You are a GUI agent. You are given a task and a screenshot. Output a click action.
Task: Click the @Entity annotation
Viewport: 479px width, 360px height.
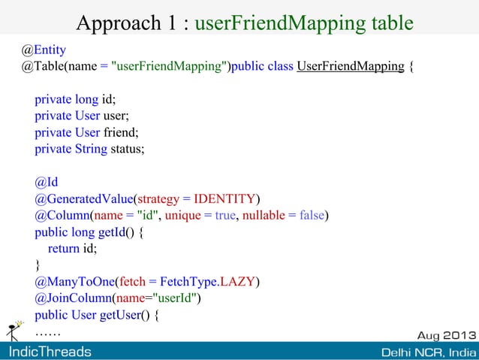[43, 50]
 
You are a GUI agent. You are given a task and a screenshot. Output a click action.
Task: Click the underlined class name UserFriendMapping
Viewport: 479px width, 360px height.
[351, 66]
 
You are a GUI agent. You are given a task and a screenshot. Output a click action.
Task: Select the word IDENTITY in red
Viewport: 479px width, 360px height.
[224, 198]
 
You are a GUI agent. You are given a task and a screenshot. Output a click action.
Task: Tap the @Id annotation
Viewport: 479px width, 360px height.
[46, 182]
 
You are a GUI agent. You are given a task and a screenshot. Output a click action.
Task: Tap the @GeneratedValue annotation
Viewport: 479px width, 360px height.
[83, 198]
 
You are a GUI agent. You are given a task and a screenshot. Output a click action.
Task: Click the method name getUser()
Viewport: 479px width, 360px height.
[124, 315]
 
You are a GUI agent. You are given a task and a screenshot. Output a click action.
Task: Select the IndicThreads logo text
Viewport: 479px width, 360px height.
[50, 352]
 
